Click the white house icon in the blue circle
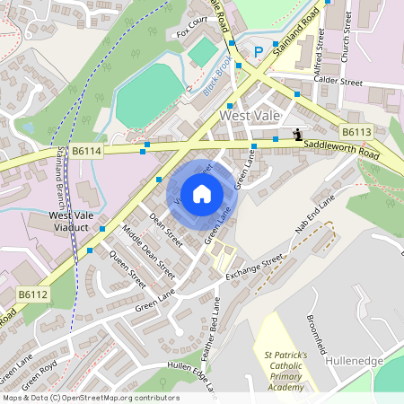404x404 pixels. pos(202,194)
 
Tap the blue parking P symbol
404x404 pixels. pos(259,52)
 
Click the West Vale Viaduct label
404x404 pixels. pos(73,223)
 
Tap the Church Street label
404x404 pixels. pos(346,42)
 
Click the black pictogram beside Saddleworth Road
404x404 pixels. pos(297,135)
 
